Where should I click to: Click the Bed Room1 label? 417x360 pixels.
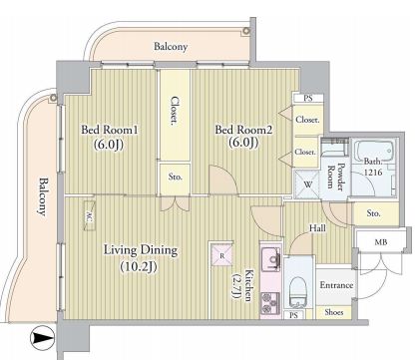pos(110,130)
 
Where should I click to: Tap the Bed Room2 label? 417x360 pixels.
pos(243,130)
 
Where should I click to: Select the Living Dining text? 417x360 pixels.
pos(141,250)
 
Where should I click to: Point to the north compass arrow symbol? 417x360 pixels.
pos(42,338)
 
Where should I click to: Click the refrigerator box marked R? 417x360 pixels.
pos(221,255)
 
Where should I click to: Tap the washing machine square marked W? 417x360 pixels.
pos(307,184)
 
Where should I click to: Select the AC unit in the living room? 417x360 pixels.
pos(90,215)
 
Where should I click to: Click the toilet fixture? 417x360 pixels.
pos(297,292)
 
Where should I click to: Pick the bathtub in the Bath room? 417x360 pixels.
pos(373,153)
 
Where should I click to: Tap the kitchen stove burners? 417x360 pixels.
pos(270,303)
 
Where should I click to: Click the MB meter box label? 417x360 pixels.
pos(381,242)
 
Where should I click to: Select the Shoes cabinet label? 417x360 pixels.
pos(333,312)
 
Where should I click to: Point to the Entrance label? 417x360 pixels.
pos(336,285)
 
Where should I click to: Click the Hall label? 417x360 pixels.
pos(317,228)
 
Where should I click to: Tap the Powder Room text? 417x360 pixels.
pos(335,178)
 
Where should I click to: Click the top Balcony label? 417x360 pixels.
pos(171,47)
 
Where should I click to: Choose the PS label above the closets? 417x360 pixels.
pos(308,99)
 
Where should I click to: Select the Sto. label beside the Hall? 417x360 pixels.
pos(373,213)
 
